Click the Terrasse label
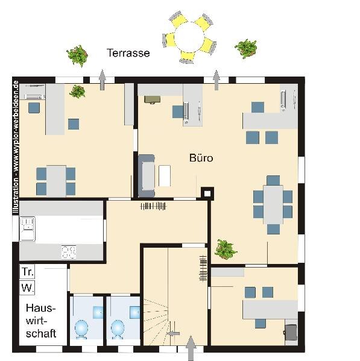(x=128, y=53)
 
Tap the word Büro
(x=201, y=158)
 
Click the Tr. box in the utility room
(x=27, y=272)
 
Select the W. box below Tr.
(x=27, y=288)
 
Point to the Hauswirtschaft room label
(x=41, y=321)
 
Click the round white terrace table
(x=189, y=37)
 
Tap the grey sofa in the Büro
(x=147, y=176)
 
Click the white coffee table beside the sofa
(x=165, y=176)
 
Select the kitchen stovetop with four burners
(x=69, y=252)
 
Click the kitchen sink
(x=27, y=229)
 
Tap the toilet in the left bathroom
(x=81, y=330)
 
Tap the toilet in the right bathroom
(x=118, y=330)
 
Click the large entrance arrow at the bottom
(x=191, y=348)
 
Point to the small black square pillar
(x=207, y=193)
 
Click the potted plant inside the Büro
(x=226, y=250)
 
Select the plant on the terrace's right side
(x=246, y=49)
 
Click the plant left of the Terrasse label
(x=77, y=55)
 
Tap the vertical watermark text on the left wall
(x=16, y=147)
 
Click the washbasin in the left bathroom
(x=98, y=312)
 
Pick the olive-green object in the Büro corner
(x=152, y=99)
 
